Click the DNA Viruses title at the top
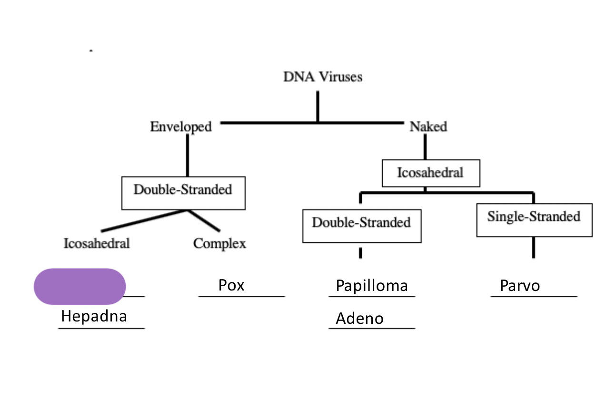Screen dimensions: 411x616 [322, 77]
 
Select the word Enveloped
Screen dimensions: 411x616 [180, 127]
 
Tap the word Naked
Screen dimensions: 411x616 [428, 127]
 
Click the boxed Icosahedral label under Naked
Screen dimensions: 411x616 [431, 172]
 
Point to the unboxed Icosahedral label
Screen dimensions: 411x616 [97, 243]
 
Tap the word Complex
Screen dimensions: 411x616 [219, 243]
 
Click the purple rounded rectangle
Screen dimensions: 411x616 [79, 286]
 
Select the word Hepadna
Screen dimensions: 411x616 [94, 316]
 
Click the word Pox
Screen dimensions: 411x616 [231, 285]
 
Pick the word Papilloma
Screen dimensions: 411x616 [372, 286]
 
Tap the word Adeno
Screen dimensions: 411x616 [359, 318]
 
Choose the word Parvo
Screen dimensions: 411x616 [520, 286]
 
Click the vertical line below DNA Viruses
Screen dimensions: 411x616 [318, 106]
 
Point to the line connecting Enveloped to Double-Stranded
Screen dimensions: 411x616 [187, 155]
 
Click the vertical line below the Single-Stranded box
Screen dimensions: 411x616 [533, 247]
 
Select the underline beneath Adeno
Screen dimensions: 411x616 [372, 328]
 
